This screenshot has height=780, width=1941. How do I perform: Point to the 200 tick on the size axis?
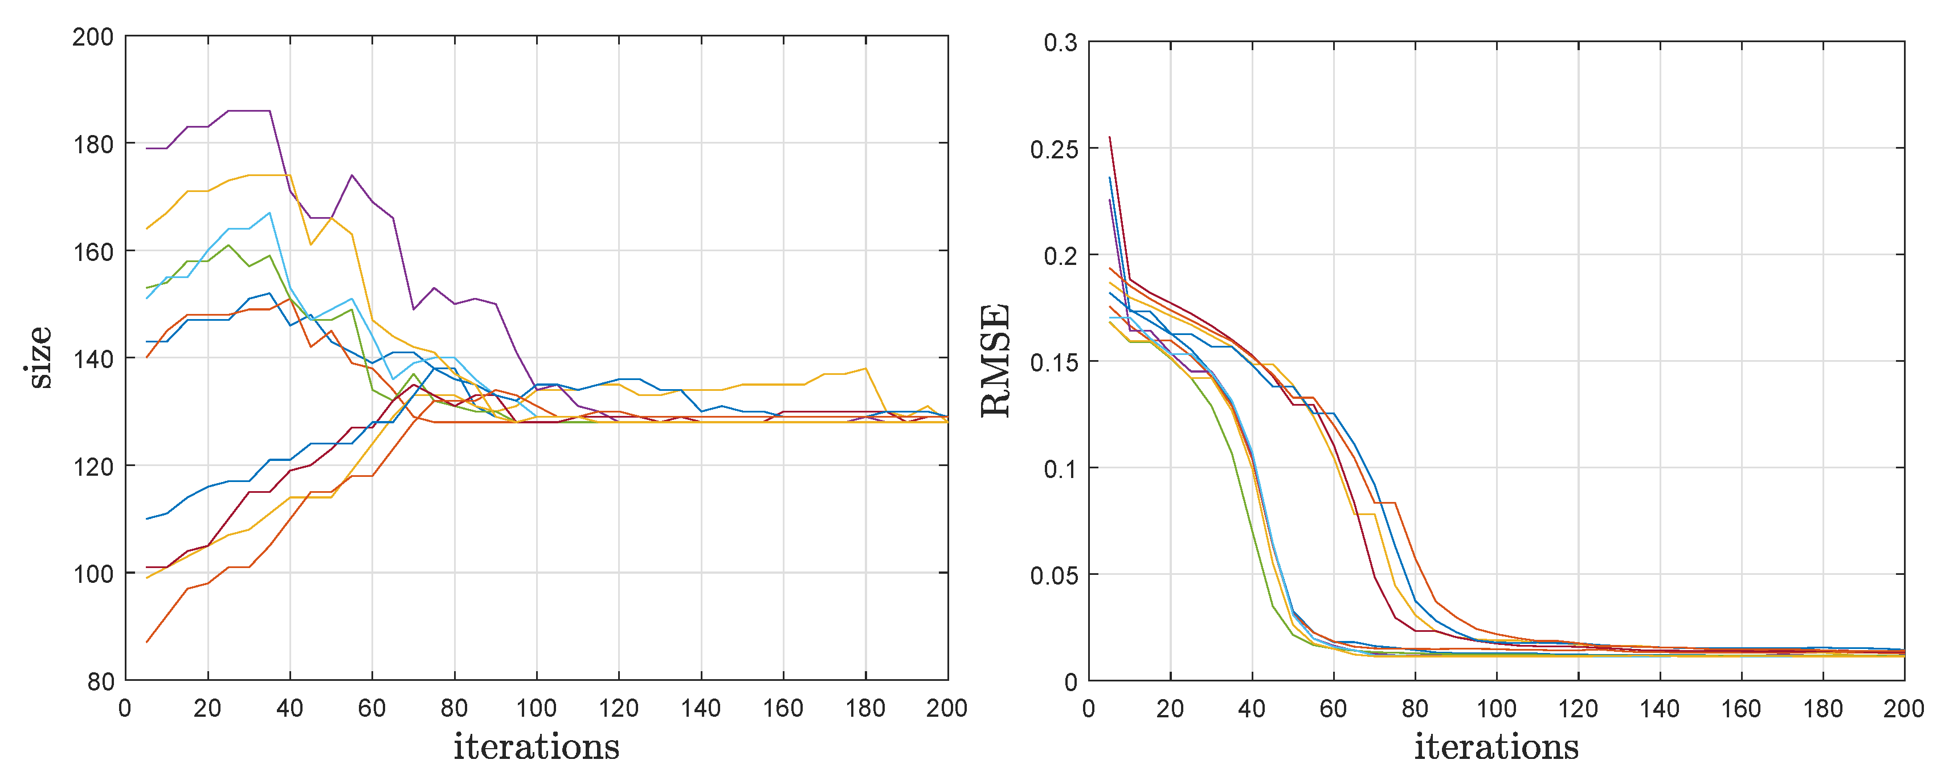93,37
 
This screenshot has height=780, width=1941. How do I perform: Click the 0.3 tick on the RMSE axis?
1060,43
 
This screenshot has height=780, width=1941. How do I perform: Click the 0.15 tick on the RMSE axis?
1053,362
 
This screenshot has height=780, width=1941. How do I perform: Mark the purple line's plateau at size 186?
248,111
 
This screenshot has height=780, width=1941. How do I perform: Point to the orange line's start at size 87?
147,642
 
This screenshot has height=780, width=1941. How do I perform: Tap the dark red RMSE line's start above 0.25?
1110,138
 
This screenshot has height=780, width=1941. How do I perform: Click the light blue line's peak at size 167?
269,213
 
